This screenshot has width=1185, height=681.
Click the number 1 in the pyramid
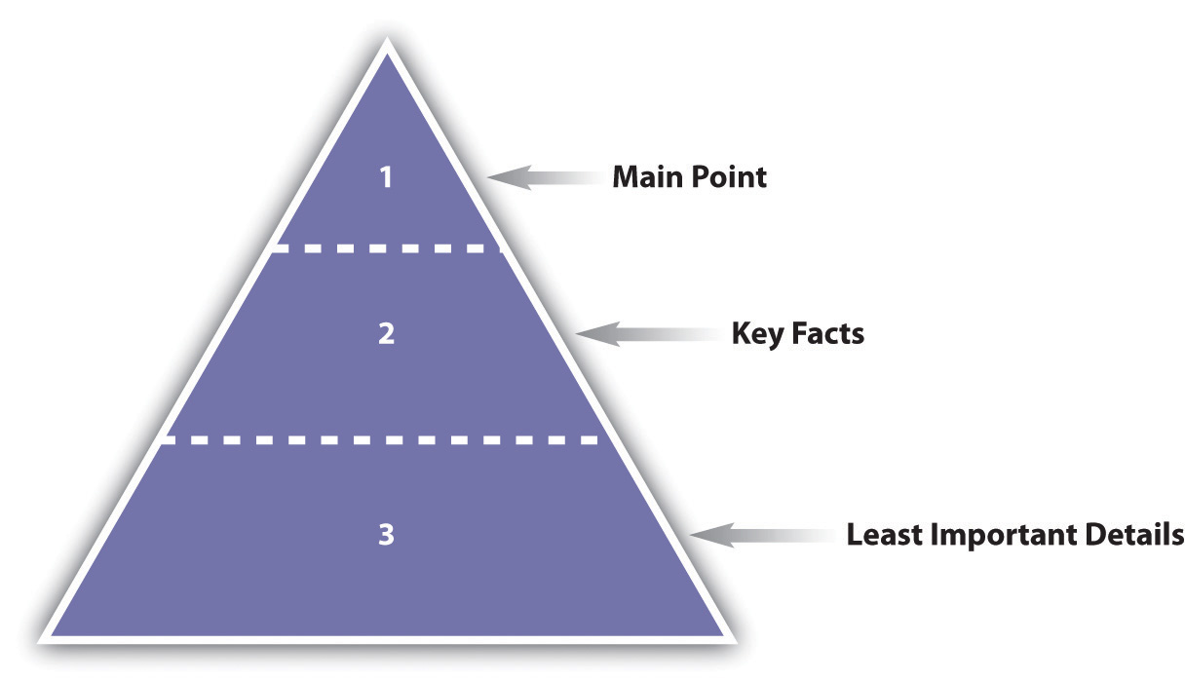386,177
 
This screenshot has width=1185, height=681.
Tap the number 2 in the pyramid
386,334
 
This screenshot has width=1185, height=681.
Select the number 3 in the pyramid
386,534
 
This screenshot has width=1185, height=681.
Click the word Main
647,176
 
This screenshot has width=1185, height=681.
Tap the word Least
885,534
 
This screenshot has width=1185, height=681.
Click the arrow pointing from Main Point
545,177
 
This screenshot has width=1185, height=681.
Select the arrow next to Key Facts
648,334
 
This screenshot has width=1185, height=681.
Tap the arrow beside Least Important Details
763,535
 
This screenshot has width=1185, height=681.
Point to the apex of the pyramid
387,37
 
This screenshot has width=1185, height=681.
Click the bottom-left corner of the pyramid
38,643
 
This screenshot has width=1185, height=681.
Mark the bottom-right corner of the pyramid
737,643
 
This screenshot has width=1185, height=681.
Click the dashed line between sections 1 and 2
386,248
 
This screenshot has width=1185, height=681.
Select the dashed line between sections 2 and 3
380,440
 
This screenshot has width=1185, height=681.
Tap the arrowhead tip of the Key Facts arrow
576,334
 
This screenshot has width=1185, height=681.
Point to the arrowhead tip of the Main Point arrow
487,177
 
